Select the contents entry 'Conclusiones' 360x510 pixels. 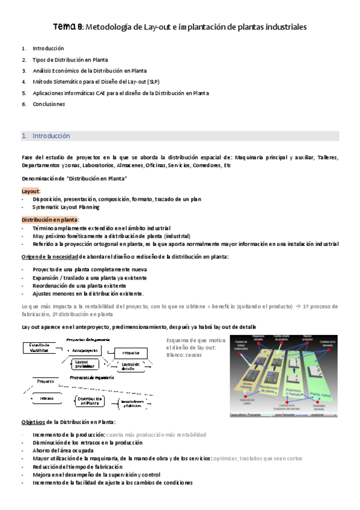[x=49, y=104]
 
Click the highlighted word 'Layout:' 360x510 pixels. [x=31, y=191]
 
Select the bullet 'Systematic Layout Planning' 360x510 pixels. [x=66, y=207]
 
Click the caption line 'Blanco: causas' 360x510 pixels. [x=185, y=355]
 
